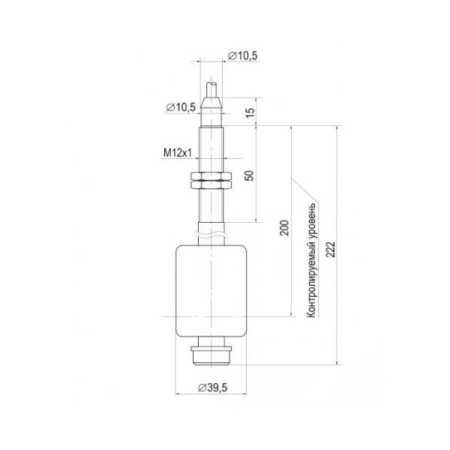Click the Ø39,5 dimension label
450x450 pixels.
[x=212, y=388]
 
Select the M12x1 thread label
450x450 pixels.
[x=177, y=153]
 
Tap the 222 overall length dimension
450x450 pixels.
[x=331, y=249]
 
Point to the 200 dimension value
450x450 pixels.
[x=284, y=228]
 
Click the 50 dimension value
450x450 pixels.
[x=250, y=175]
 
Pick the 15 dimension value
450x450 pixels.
[x=250, y=112]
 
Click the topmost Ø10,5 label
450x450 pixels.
[x=243, y=56]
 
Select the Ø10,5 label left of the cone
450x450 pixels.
[x=181, y=107]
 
